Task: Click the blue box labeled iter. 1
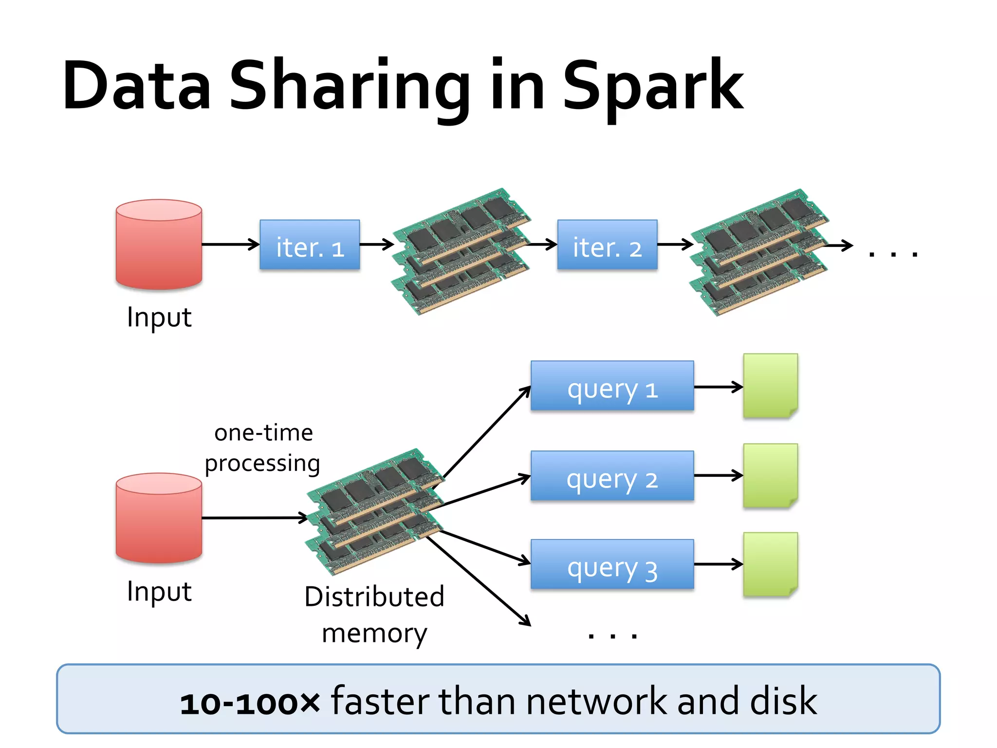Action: click(310, 244)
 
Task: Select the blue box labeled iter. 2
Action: click(607, 244)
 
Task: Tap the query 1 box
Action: click(612, 386)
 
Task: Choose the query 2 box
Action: click(612, 476)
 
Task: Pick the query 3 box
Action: click(612, 564)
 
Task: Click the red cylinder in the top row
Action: click(159, 244)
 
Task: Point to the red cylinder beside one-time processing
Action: click(159, 518)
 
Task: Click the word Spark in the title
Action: click(652, 88)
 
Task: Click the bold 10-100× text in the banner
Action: click(250, 703)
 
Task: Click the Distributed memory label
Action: click(374, 615)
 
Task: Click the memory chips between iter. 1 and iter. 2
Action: click(461, 251)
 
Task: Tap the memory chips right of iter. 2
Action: click(758, 252)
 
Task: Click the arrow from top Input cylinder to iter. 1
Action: click(230, 244)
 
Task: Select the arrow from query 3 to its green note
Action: click(718, 564)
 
